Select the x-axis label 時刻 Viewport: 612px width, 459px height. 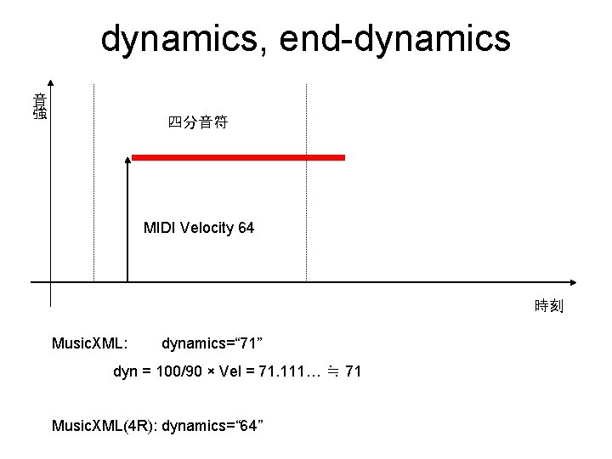click(549, 306)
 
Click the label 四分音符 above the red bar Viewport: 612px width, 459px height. click(197, 123)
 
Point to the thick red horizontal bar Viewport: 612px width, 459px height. click(238, 157)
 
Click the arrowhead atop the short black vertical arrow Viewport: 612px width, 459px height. click(127, 159)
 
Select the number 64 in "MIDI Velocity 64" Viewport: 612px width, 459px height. click(246, 228)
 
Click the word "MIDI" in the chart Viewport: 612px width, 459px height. click(159, 228)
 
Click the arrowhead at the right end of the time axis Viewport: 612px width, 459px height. click(574, 281)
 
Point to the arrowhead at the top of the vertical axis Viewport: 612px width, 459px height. click(51, 83)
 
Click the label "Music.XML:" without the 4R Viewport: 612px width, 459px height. click(90, 343)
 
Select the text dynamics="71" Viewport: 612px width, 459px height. click(212, 343)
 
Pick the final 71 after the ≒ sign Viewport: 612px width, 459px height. click(354, 371)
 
